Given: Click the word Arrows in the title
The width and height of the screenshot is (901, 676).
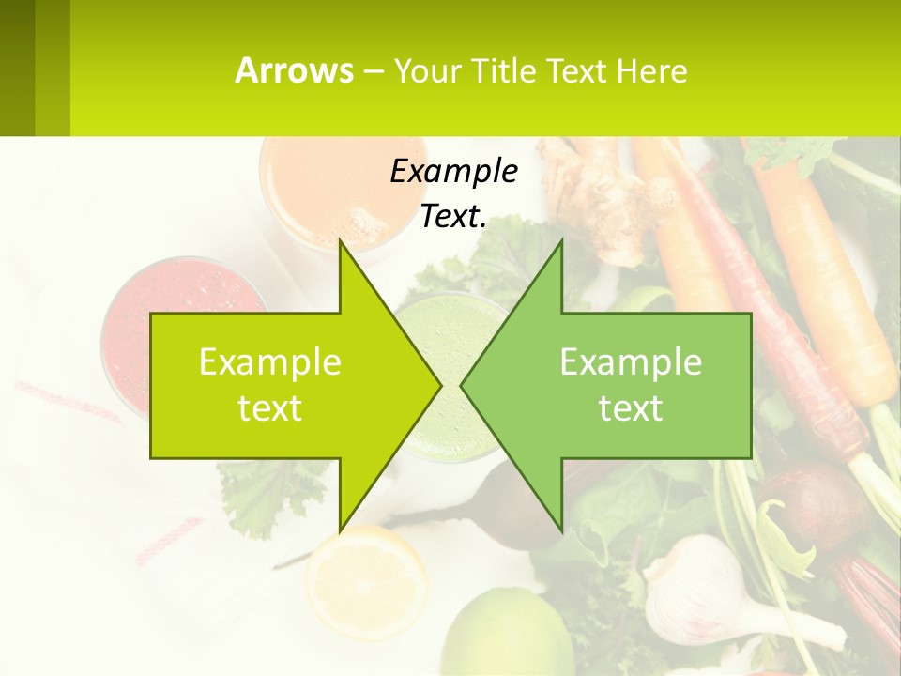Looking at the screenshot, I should coord(295,70).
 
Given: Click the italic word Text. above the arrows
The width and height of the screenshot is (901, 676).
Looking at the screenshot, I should coord(453,217).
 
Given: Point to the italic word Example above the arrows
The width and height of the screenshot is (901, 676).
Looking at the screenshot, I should coord(453,172).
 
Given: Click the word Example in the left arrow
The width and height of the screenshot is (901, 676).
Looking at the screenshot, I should coord(270,362).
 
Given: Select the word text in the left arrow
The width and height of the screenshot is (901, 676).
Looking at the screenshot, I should coord(270,408).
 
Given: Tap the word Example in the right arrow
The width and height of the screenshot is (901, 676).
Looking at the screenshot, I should coord(631,362).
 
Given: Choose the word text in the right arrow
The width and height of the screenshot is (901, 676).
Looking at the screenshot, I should coord(631,408).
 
